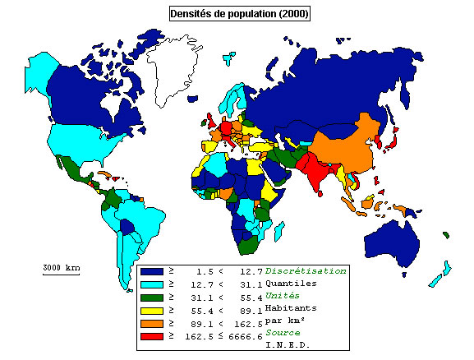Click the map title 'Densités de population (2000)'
239,14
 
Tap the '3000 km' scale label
62,268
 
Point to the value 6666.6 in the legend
246,336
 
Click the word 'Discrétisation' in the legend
306,270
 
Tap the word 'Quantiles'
292,284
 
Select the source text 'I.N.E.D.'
288,346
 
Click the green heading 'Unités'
281,296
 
